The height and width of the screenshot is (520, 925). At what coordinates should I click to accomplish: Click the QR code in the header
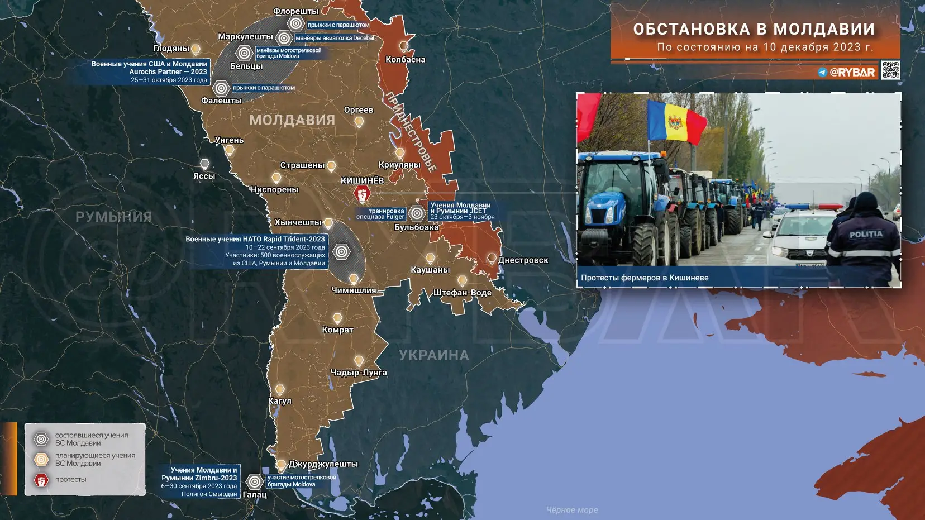pyautogui.click(x=890, y=70)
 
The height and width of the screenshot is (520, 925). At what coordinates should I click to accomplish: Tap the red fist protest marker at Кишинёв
pyautogui.click(x=362, y=194)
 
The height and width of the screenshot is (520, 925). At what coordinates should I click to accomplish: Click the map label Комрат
pyautogui.click(x=337, y=330)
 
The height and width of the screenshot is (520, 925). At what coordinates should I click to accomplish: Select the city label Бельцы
pyautogui.click(x=246, y=66)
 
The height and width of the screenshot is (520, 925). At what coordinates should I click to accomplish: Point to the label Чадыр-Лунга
pyautogui.click(x=359, y=373)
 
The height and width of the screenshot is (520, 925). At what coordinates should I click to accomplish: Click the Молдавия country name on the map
pyautogui.click(x=292, y=120)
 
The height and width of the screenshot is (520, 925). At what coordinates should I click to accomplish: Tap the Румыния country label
pyautogui.click(x=114, y=217)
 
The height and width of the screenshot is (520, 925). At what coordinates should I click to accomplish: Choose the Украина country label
pyautogui.click(x=434, y=355)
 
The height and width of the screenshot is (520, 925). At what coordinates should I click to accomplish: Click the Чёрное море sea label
pyautogui.click(x=572, y=509)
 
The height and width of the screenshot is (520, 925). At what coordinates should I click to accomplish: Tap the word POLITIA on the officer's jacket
pyautogui.click(x=866, y=235)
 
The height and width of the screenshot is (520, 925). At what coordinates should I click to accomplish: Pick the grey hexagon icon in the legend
pyautogui.click(x=41, y=439)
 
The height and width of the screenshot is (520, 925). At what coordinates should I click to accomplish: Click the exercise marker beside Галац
pyautogui.click(x=254, y=481)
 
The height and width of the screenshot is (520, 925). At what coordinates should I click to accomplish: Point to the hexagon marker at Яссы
pyautogui.click(x=205, y=164)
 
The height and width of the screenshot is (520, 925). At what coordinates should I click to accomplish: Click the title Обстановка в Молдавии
pyautogui.click(x=754, y=29)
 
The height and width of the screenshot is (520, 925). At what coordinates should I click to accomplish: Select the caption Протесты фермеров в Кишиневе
pyautogui.click(x=645, y=278)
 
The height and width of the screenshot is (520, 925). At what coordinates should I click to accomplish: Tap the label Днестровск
pyautogui.click(x=523, y=260)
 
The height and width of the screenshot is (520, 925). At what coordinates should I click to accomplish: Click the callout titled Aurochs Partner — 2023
pyautogui.click(x=149, y=71)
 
